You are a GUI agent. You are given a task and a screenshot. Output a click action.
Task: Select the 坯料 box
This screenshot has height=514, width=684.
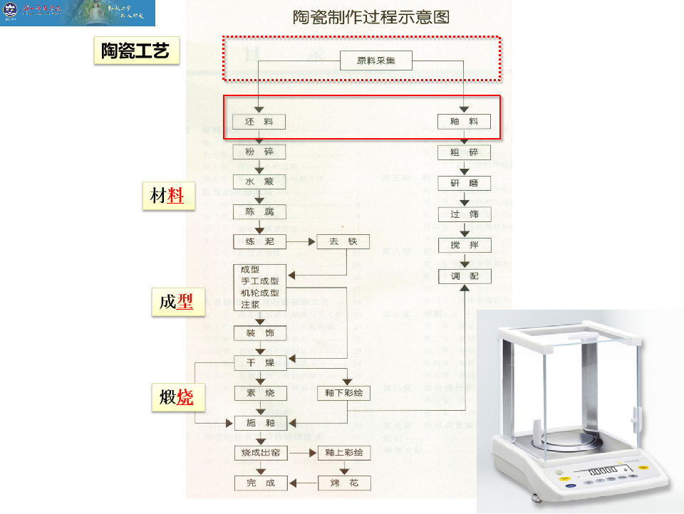(259, 122)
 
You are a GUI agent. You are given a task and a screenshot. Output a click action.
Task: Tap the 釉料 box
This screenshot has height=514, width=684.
(464, 122)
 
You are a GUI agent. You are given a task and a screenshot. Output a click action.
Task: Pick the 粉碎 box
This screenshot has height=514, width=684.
(259, 152)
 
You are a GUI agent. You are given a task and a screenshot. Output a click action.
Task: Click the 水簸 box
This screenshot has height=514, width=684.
(259, 182)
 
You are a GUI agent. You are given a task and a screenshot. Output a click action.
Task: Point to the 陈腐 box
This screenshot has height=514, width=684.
(259, 212)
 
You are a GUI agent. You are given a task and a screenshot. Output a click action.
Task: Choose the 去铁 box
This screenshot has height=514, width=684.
(343, 242)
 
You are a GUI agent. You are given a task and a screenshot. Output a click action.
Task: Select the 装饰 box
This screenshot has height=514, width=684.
(259, 332)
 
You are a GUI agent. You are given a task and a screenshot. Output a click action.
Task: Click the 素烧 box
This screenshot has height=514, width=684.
(259, 393)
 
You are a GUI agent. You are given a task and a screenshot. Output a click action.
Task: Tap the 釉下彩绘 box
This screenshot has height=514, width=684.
(343, 393)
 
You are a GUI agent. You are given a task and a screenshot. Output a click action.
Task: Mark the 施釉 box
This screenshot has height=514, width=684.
(260, 423)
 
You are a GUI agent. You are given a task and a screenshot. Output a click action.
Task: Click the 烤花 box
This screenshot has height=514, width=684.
(343, 483)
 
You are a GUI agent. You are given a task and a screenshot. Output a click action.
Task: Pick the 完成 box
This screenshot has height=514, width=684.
(260, 483)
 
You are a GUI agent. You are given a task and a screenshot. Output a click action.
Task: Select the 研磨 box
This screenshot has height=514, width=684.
(464, 183)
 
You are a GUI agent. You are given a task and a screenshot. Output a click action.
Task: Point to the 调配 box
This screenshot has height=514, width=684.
(464, 276)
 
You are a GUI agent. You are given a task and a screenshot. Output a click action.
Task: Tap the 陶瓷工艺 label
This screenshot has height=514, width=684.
(135, 52)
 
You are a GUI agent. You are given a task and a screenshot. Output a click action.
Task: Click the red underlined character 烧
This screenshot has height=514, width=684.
(185, 397)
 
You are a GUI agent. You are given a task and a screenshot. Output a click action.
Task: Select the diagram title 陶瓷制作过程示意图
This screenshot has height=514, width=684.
(371, 17)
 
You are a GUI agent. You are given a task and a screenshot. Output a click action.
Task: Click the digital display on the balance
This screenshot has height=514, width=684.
(601, 471)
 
